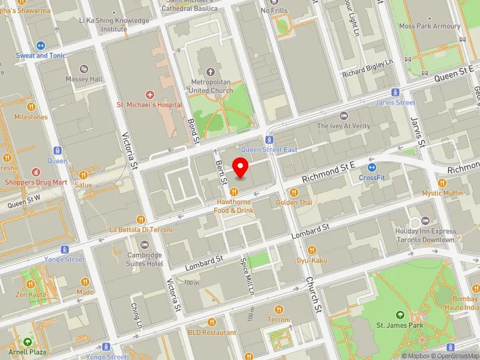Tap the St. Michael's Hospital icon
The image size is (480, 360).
(x=149, y=95)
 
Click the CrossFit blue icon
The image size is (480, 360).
(x=372, y=167)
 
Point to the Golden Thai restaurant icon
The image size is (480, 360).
(x=294, y=193)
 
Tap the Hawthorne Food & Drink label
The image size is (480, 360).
(x=236, y=206)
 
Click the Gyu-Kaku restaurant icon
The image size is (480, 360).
(x=311, y=250)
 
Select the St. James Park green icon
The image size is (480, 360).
(x=400, y=315)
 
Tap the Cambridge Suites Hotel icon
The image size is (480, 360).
(x=144, y=245)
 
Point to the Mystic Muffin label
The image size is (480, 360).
(x=442, y=193)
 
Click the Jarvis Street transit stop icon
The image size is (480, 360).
(x=395, y=92)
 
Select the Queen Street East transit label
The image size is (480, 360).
(x=269, y=149)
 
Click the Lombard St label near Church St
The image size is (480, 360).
(x=311, y=229)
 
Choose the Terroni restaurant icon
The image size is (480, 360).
(x=278, y=310)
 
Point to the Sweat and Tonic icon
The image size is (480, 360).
(x=41, y=45)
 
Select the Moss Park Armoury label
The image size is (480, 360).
(x=430, y=26)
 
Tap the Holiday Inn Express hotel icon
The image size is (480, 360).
(x=425, y=220)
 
